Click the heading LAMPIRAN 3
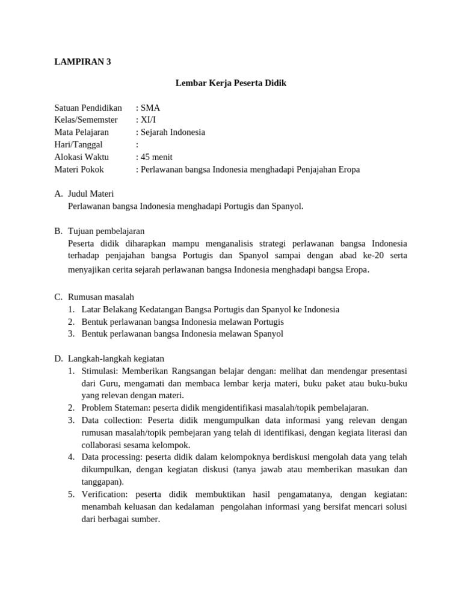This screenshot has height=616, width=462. (82, 61)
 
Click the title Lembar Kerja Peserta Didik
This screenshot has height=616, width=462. (231, 83)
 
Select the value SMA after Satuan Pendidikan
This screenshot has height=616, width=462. (150, 108)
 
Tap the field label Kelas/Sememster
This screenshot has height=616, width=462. (86, 120)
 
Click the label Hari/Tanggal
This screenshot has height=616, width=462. (79, 144)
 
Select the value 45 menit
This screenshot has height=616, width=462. (156, 157)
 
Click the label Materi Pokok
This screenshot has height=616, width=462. (79, 169)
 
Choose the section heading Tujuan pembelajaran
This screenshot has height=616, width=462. (106, 231)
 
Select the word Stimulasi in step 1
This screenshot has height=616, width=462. (100, 371)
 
